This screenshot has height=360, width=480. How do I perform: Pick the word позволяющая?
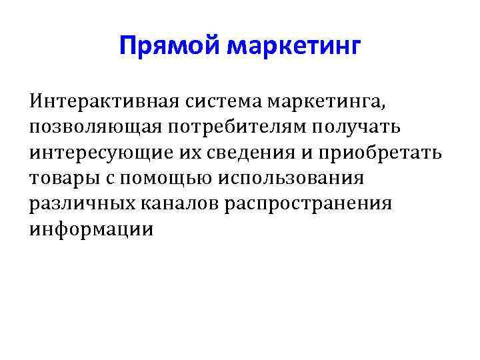pos(84,128)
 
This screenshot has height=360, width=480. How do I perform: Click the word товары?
pos(59,179)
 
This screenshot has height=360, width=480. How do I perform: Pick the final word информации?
pos(91,230)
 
